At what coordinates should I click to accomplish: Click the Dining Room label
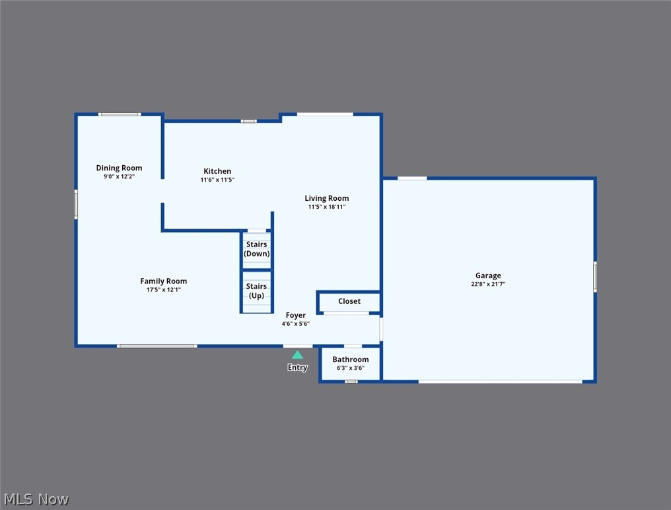[119, 168]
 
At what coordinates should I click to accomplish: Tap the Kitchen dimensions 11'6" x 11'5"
[217, 180]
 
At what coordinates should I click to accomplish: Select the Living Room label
[326, 198]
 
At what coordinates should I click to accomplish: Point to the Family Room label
[163, 281]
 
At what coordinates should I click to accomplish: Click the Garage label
[488, 275]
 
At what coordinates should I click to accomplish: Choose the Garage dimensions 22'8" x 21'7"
[488, 284]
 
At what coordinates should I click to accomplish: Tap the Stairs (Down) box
[256, 249]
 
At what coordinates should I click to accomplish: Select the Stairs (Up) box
[256, 291]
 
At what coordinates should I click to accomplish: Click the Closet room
[349, 301]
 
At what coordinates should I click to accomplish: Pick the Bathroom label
[350, 359]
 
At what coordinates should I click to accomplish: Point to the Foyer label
[295, 315]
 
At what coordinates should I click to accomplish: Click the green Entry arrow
[297, 355]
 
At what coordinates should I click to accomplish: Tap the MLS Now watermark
[36, 499]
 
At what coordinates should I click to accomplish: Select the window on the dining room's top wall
[120, 114]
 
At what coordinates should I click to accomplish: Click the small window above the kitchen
[248, 121]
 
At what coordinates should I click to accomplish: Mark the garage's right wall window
[594, 277]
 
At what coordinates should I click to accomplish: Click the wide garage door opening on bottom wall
[500, 381]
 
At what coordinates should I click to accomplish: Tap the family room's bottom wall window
[157, 346]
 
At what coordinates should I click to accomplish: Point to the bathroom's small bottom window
[351, 381]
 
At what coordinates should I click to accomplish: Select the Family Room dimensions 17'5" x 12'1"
[163, 289]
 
